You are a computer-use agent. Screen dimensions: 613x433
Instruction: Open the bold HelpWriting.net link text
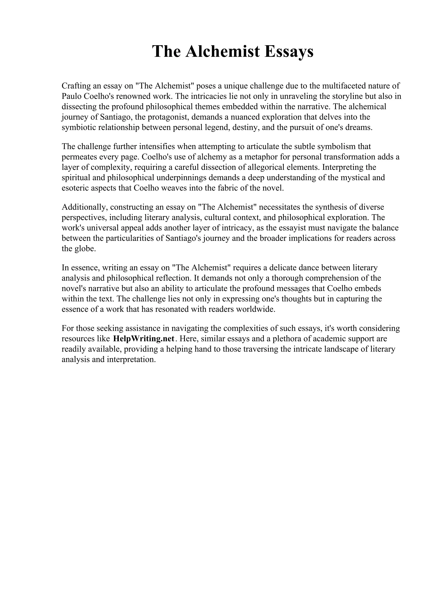click(144, 338)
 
